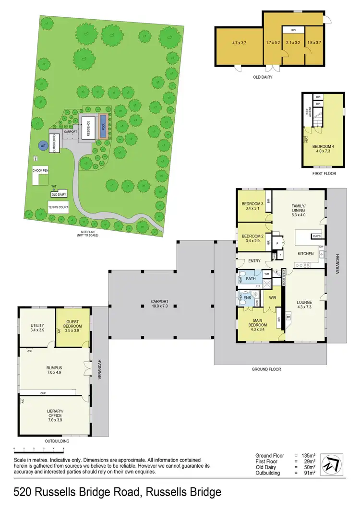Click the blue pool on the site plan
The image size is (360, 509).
pos(103,126)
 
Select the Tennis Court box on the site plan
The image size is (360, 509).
pos(58,209)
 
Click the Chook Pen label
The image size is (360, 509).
pos(41,171)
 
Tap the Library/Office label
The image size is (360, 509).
pos(54,413)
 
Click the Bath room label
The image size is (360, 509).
pos(251,278)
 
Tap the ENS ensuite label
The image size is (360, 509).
pos(247,298)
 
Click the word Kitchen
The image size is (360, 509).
pos(305,253)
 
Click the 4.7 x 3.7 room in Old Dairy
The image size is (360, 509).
pos(239,43)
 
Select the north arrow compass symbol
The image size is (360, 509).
pos(331,464)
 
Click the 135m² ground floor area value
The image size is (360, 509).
pos(307,455)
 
